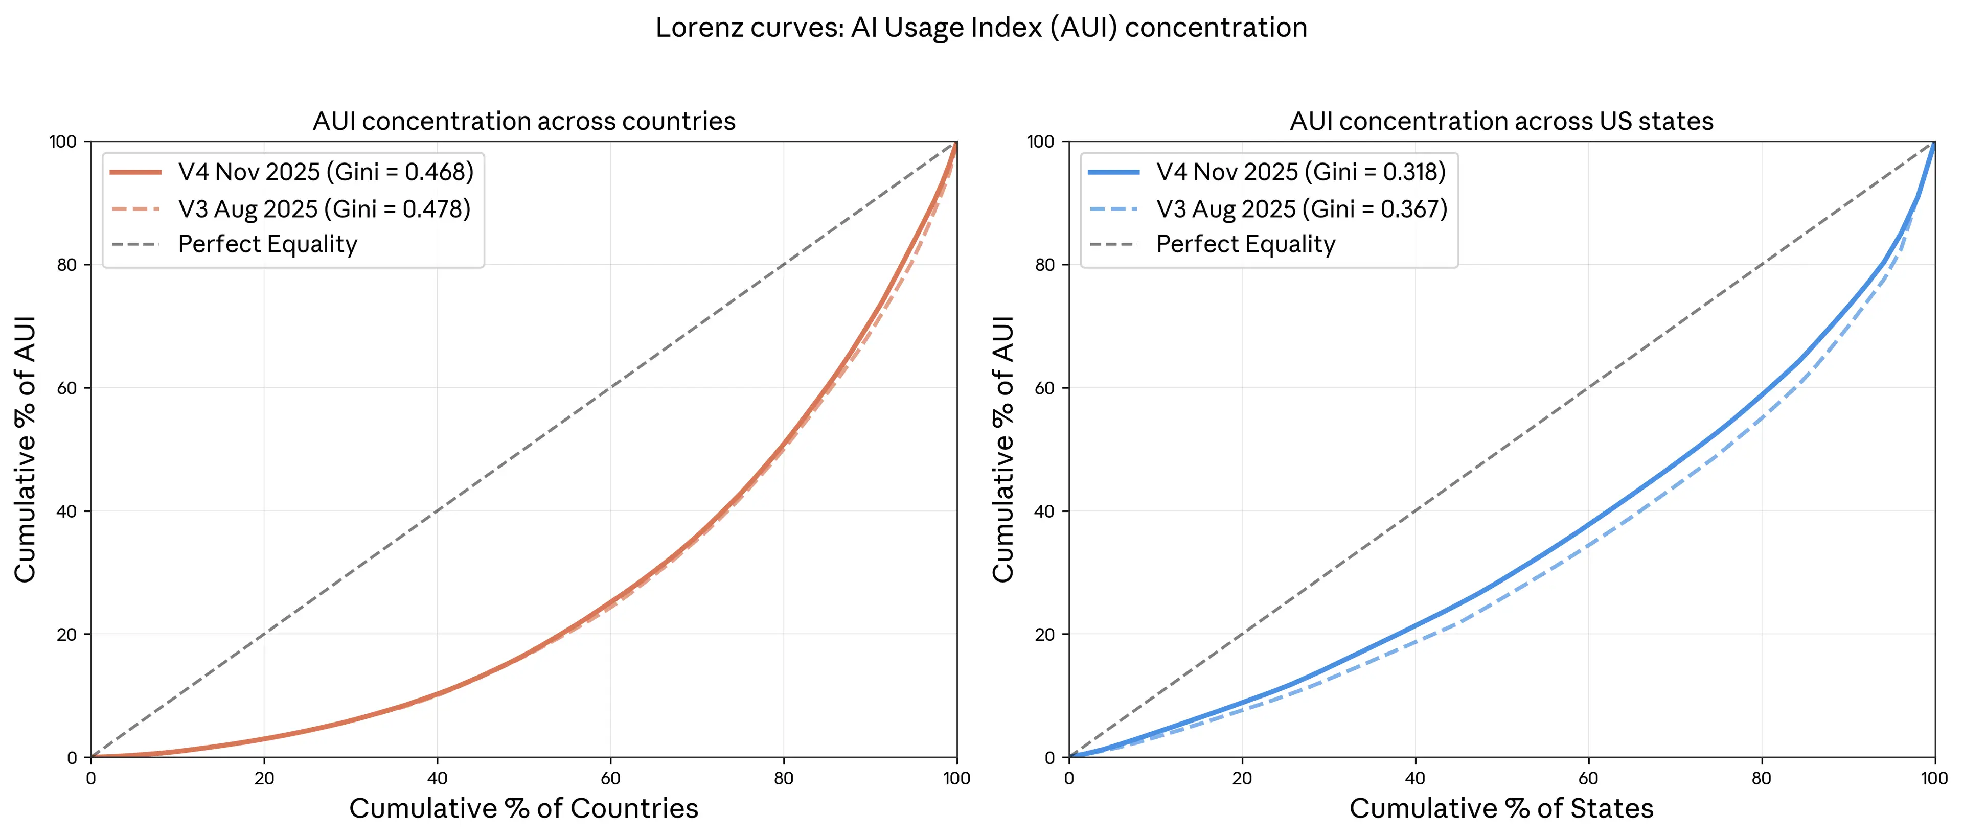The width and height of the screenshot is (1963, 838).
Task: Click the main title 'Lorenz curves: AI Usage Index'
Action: (981, 28)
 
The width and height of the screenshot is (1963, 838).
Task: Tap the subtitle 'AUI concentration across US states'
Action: (1501, 121)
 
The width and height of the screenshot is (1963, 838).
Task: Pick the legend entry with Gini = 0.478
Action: (324, 209)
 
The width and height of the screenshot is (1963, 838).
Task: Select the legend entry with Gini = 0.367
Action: (1301, 209)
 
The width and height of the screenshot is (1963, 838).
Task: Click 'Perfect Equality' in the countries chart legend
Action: (267, 245)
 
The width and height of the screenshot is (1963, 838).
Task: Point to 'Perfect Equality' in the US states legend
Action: (1245, 245)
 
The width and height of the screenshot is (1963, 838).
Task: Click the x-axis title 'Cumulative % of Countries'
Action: (523, 808)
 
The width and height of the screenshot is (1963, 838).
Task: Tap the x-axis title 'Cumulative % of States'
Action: (1501, 808)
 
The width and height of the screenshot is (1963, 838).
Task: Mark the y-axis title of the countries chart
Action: (25, 450)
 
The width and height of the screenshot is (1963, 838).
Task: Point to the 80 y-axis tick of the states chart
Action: (1045, 265)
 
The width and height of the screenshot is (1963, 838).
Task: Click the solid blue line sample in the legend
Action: (1113, 172)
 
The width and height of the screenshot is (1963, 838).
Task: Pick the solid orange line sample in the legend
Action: (135, 172)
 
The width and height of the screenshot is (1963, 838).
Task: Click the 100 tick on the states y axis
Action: (1040, 142)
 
